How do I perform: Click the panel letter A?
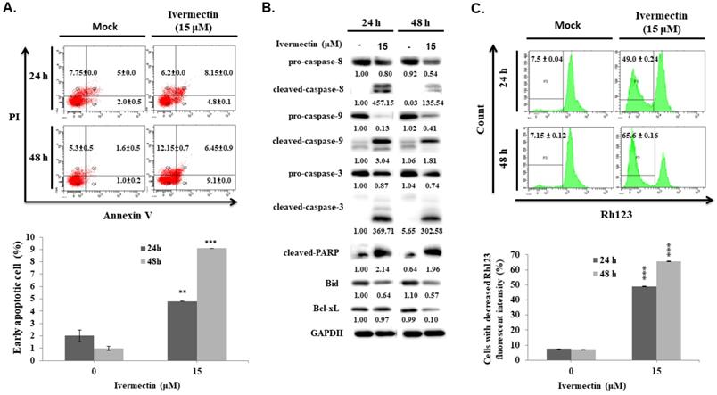pos(12,10)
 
